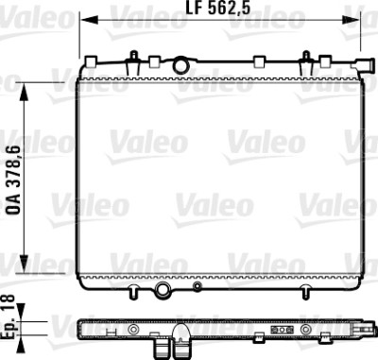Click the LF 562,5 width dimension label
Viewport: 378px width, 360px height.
(x=218, y=8)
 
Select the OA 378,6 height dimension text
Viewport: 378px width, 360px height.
(x=13, y=180)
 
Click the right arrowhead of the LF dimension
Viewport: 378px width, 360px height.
(x=351, y=20)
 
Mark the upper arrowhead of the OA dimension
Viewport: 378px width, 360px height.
(x=24, y=92)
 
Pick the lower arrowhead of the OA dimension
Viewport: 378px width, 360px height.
(x=24, y=264)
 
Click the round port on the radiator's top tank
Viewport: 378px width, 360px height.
(x=180, y=65)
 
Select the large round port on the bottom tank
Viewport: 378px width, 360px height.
(x=163, y=288)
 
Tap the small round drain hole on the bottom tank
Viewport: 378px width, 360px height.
(x=198, y=286)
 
